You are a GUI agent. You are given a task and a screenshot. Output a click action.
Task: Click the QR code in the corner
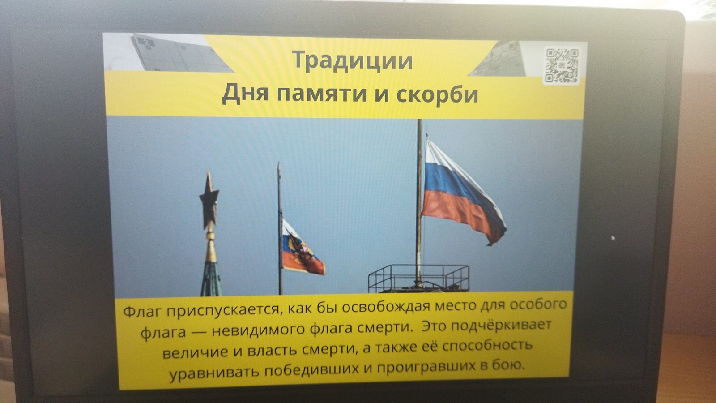[562, 66]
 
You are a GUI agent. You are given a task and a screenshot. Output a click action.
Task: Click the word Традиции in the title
[353, 61]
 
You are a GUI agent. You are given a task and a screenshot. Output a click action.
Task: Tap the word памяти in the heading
[322, 94]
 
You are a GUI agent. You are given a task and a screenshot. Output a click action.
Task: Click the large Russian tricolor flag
[462, 192]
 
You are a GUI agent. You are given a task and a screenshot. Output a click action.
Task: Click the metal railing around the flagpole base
[419, 278]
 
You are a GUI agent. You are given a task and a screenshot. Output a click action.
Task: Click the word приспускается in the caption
[224, 309]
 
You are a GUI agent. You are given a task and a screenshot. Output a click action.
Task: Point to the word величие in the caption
[195, 352]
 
